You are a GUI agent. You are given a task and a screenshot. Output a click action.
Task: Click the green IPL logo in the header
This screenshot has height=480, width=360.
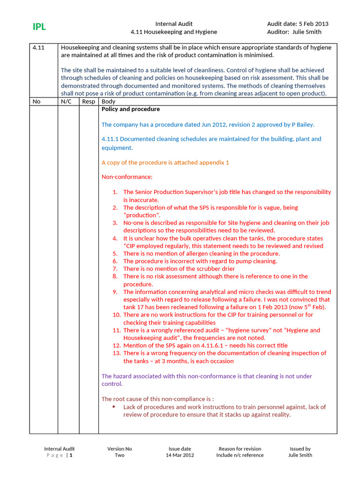(39, 27)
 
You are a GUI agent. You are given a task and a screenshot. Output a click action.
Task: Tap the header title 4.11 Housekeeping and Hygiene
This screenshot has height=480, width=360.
(173, 32)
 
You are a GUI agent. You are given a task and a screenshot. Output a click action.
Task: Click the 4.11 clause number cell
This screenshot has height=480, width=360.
(38, 48)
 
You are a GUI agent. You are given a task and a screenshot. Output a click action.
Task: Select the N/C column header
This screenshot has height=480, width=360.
(66, 102)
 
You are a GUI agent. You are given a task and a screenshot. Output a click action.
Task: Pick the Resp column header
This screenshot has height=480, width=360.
(89, 102)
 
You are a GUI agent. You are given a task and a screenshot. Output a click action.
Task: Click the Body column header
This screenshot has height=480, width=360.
(108, 102)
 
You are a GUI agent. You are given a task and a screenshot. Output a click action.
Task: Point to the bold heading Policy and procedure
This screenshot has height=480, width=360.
(131, 109)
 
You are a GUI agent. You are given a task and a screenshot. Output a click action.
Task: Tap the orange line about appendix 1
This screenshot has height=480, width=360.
(165, 163)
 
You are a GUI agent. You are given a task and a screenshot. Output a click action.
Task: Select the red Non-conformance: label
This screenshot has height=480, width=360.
(127, 177)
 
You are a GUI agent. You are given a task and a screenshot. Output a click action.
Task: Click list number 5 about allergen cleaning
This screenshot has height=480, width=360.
(115, 254)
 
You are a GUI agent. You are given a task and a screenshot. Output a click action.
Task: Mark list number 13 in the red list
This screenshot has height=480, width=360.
(117, 353)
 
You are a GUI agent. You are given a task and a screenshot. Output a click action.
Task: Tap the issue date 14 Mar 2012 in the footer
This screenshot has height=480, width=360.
(180, 455)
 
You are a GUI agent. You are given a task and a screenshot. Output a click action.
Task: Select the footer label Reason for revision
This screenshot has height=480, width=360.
(240, 449)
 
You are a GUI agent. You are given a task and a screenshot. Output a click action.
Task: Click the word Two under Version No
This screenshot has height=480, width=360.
(120, 455)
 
